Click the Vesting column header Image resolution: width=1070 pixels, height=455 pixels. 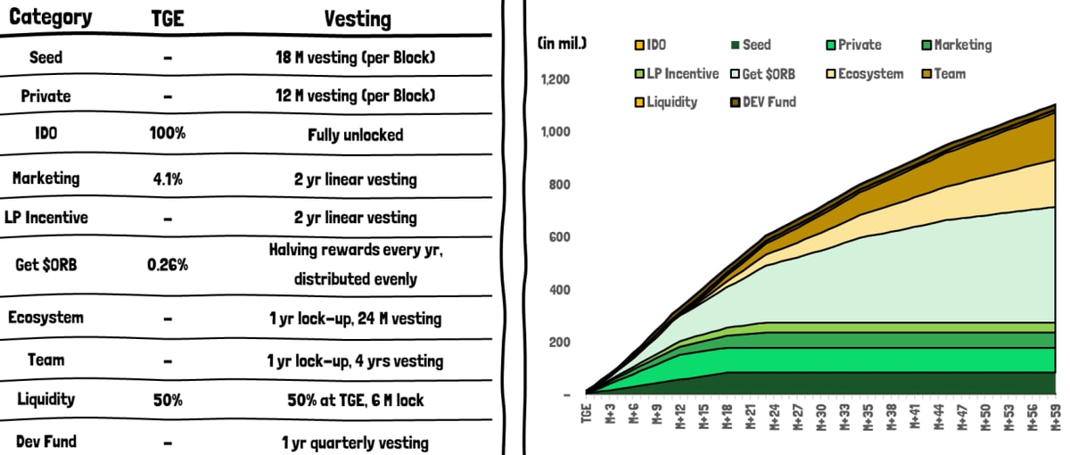click(x=358, y=18)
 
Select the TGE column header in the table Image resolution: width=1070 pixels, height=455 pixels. click(x=168, y=18)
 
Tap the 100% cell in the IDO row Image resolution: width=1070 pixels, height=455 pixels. click(x=168, y=135)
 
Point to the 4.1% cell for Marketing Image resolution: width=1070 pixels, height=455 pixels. click(x=168, y=178)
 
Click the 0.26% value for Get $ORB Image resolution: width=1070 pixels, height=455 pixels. click(x=168, y=265)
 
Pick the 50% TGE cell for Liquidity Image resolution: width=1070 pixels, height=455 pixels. click(x=168, y=401)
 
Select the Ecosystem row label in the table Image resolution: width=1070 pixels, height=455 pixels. click(x=45, y=318)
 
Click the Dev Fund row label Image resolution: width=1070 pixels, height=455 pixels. click(x=45, y=442)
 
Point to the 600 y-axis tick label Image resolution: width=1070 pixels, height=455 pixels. click(x=559, y=237)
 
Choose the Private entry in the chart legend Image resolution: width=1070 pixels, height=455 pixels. click(x=853, y=45)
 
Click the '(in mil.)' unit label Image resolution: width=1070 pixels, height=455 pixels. click(x=562, y=42)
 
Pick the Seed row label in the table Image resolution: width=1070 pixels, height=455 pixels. click(x=45, y=58)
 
